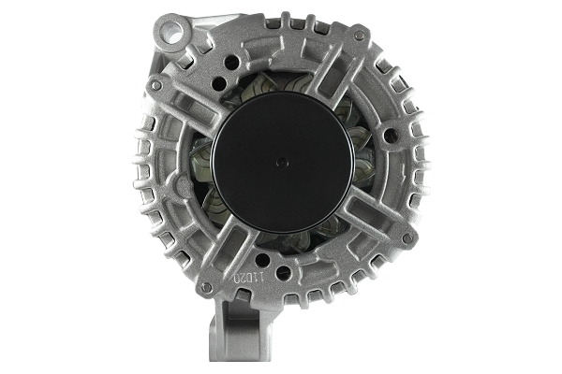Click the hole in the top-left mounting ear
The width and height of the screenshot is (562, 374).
click(170, 31)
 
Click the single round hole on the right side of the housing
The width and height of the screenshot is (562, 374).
click(390, 142)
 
